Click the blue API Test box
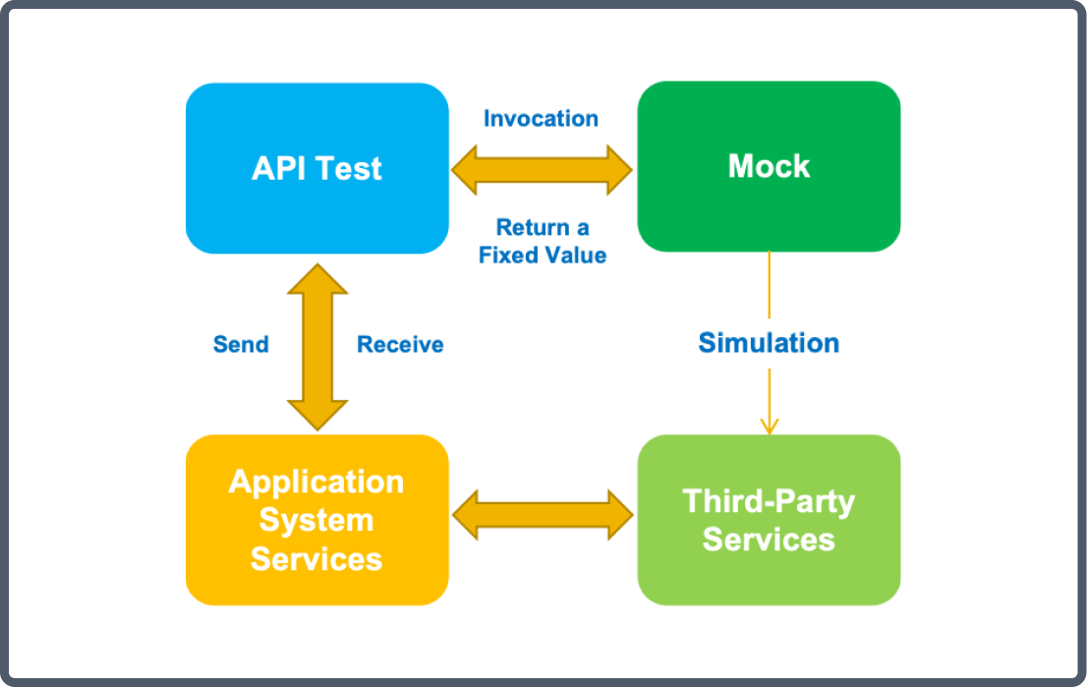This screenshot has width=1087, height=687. [x=316, y=168]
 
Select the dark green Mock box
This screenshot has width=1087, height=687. [x=769, y=166]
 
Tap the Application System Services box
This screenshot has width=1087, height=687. [x=316, y=520]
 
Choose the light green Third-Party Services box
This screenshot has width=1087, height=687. [x=769, y=520]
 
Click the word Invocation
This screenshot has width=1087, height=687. [x=541, y=119]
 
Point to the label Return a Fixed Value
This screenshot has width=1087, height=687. [x=543, y=241]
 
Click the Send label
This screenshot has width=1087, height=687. [x=241, y=345]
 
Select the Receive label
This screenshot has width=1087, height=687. [x=400, y=345]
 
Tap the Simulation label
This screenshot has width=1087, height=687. [x=769, y=343]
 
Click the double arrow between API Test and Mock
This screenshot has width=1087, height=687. [x=542, y=170]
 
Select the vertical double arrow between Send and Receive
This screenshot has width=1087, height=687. [x=317, y=347]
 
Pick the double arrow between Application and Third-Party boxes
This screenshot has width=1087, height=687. [x=543, y=515]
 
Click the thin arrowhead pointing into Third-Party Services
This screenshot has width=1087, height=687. [x=770, y=426]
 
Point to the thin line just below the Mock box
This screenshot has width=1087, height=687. [x=770, y=285]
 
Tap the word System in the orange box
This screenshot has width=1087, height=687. [x=316, y=521]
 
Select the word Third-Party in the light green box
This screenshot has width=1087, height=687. [x=769, y=502]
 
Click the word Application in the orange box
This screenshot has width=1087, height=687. [x=316, y=483]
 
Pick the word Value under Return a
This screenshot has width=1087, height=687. [x=575, y=256]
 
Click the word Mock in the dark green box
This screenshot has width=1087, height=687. [x=769, y=166]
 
